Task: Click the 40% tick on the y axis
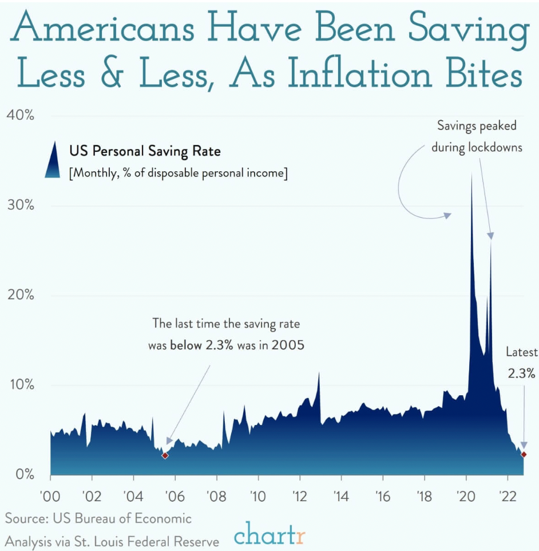click(x=21, y=116)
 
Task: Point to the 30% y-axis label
click(x=21, y=206)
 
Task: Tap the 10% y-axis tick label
click(x=21, y=385)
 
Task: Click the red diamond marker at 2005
click(x=165, y=455)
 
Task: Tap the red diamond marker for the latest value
click(x=524, y=454)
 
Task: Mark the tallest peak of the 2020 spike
click(x=471, y=174)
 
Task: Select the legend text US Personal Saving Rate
click(x=145, y=152)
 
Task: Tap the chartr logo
click(x=269, y=537)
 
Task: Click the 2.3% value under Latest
click(x=521, y=373)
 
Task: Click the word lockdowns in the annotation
click(x=495, y=147)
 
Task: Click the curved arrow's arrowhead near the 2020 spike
click(x=448, y=215)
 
